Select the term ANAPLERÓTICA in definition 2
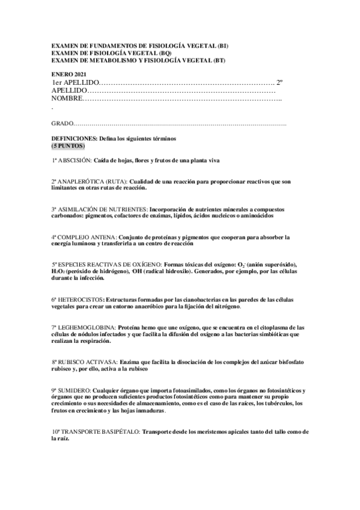click(81, 182)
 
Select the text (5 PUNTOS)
click(68, 146)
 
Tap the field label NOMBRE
click(66, 98)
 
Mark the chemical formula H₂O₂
click(59, 272)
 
